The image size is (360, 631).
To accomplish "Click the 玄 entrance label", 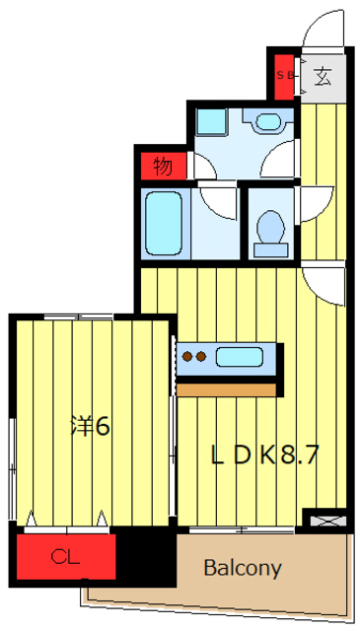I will (323, 76).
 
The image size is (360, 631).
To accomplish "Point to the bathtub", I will (166, 224).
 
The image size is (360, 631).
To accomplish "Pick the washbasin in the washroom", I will (268, 122).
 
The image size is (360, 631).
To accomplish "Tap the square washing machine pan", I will (211, 122).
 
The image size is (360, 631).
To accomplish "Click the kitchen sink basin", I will (241, 356).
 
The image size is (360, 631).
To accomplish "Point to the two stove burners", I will (194, 357).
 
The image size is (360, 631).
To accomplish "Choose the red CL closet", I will (65, 557).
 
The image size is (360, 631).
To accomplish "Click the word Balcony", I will (243, 569).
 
